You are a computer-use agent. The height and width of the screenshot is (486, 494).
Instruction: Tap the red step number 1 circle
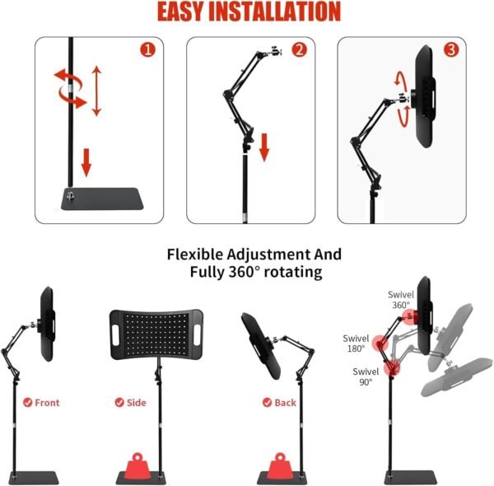tap(148, 49)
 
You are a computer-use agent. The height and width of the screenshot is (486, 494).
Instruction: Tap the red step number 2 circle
tap(299, 49)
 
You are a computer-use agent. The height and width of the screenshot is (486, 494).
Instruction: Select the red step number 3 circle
tap(450, 49)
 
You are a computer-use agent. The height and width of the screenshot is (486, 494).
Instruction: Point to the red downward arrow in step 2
tap(265, 147)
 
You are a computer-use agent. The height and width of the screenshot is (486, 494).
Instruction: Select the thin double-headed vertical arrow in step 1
tap(96, 91)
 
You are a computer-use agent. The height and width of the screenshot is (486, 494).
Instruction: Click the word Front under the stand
tap(47, 403)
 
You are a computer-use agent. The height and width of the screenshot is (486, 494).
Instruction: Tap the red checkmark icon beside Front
tap(28, 403)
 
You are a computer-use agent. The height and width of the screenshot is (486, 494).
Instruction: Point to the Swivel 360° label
tap(401, 299)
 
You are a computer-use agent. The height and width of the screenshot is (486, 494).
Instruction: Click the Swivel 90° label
tap(363, 376)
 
